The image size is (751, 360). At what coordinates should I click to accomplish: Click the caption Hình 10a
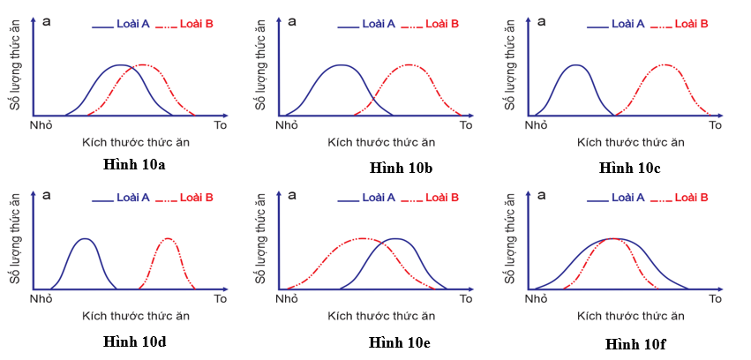click(133, 163)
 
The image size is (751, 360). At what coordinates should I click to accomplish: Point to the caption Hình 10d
click(133, 341)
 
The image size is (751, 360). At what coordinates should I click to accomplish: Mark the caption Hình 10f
click(635, 344)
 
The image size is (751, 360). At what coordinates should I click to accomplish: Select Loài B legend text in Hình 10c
click(692, 24)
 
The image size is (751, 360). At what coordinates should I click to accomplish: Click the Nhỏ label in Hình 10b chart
click(287, 125)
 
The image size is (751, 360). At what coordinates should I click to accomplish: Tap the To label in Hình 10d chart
click(220, 299)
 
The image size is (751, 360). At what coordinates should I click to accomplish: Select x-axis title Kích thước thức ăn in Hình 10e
click(381, 316)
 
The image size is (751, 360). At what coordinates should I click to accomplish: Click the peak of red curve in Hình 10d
click(168, 238)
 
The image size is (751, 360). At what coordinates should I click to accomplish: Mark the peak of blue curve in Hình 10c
click(575, 65)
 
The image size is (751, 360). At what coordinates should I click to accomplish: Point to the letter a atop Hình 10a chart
click(46, 19)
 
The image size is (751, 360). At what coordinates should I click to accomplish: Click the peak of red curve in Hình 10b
click(409, 65)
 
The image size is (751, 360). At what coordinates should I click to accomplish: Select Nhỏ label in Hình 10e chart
click(287, 299)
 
